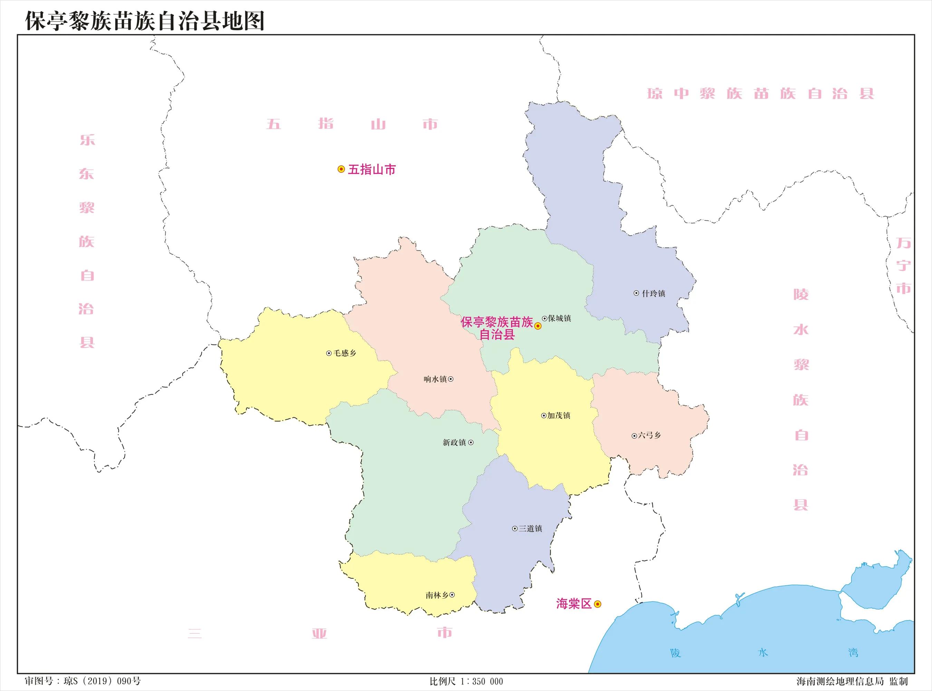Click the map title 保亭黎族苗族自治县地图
(x=145, y=21)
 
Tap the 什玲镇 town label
(x=653, y=294)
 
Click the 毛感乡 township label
(x=345, y=353)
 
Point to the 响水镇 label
(x=435, y=379)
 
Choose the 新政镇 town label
(x=454, y=443)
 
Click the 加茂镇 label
(x=559, y=416)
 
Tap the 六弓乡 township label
(x=650, y=435)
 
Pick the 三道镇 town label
(x=530, y=529)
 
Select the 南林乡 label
(x=437, y=595)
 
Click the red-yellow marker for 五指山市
(x=341, y=169)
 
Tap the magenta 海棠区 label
(x=574, y=604)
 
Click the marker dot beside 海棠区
(x=598, y=604)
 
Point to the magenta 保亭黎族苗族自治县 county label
(x=497, y=328)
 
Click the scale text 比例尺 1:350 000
(x=466, y=681)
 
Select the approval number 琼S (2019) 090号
(x=83, y=681)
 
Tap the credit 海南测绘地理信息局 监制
(x=852, y=681)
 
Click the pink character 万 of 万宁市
(x=903, y=243)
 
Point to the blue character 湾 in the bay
(x=853, y=653)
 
